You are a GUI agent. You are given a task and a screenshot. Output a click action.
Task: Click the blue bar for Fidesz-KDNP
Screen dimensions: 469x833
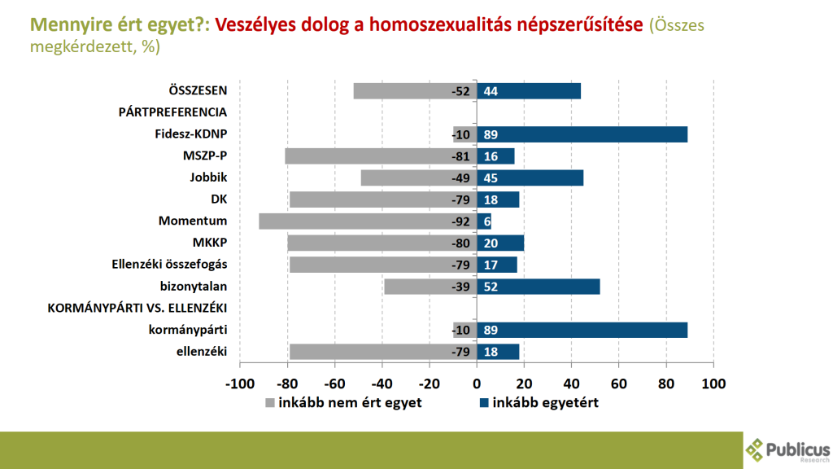tap(582, 134)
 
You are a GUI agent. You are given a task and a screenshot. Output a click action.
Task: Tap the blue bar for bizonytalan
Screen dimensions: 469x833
tap(539, 286)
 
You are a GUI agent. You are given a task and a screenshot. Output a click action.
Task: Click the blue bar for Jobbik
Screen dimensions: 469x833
tap(530, 178)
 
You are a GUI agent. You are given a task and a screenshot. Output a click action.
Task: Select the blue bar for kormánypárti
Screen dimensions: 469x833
tap(582, 330)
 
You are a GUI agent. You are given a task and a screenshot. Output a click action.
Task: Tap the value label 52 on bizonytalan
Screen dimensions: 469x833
tap(491, 287)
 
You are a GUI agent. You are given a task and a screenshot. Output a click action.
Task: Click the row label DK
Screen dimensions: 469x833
tap(219, 199)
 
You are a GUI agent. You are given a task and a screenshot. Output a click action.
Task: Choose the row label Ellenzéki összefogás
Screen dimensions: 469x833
tap(169, 265)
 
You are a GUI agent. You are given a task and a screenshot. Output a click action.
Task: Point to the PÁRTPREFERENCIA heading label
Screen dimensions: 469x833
tap(172, 112)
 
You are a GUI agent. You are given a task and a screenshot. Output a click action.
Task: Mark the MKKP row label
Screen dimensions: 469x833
tap(210, 243)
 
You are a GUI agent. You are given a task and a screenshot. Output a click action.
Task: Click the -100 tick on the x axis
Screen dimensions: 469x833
tap(239, 383)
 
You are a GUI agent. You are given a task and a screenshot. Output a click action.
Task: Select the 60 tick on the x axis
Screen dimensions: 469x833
tap(619, 383)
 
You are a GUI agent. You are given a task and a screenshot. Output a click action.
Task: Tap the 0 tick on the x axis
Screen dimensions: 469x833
tap(477, 383)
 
